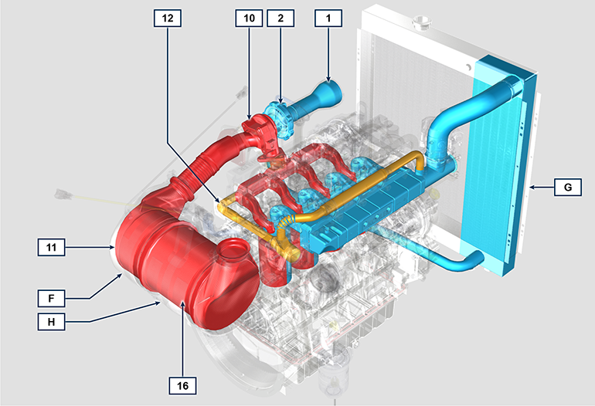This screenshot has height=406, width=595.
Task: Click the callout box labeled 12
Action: pyautogui.click(x=168, y=19)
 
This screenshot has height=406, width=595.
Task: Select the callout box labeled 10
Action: pyautogui.click(x=249, y=19)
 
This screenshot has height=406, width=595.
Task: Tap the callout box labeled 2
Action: pyautogui.click(x=280, y=19)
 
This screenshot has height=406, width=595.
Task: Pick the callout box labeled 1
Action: pyautogui.click(x=328, y=19)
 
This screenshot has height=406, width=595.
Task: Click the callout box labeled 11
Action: pyautogui.click(x=51, y=248)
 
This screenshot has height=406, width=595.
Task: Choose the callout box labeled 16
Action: pyautogui.click(x=182, y=386)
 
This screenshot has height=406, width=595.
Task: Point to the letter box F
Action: pyautogui.click(x=51, y=299)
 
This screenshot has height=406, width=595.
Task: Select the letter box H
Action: pyautogui.click(x=51, y=322)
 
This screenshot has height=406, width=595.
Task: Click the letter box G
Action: pyautogui.click(x=568, y=188)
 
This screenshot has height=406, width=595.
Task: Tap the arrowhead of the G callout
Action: pyautogui.click(x=532, y=188)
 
